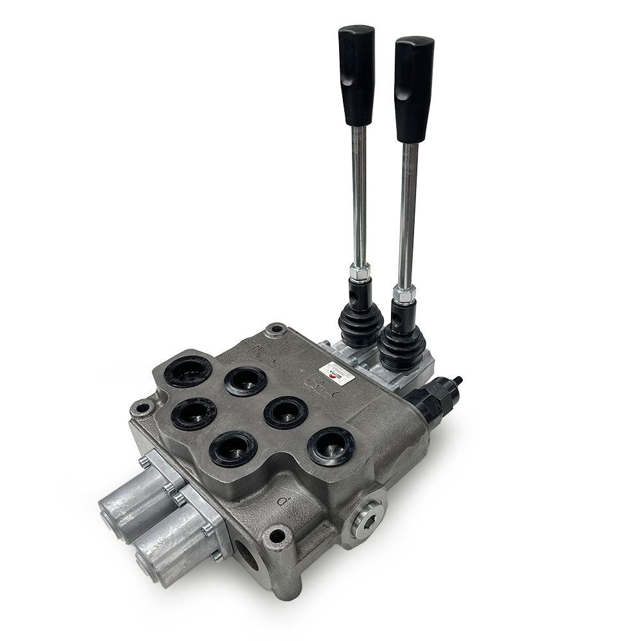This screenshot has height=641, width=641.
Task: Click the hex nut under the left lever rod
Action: click(360, 272)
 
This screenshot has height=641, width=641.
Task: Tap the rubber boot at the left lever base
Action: click(360, 320)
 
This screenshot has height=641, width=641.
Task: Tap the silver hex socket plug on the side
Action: click(367, 513)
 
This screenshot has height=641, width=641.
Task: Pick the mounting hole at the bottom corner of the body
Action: click(277, 537)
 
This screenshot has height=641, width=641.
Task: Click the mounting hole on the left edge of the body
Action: click(141, 408)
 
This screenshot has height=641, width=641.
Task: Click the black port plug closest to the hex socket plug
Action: click(331, 445)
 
